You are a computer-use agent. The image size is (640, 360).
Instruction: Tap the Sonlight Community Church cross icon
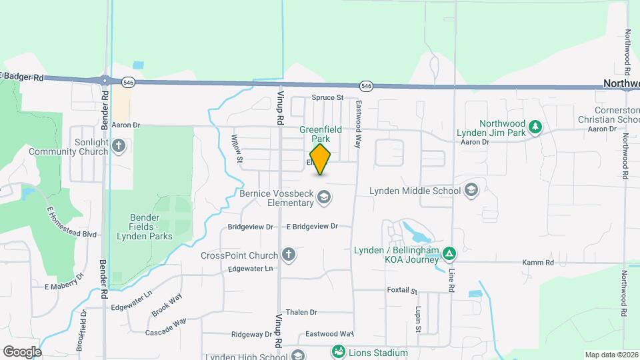119,145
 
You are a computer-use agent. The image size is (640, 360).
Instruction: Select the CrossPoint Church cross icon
288,254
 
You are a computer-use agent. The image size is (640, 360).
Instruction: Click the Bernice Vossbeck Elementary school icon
324,197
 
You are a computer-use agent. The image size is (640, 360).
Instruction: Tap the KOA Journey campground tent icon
450,253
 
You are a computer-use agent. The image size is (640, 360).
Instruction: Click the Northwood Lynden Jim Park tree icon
534,127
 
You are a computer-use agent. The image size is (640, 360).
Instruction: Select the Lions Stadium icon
339,351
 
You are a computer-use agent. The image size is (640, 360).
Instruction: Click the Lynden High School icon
297,355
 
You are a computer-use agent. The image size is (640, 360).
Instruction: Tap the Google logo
22,351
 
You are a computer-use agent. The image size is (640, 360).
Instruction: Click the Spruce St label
327,97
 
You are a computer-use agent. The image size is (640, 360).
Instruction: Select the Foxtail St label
402,291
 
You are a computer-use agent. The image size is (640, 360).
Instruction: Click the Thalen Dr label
301,312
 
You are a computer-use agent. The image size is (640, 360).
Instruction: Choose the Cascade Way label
166,326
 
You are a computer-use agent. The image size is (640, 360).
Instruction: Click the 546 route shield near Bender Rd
129,81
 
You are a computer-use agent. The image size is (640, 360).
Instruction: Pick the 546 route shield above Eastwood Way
366,85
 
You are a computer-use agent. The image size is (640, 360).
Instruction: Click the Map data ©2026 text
611,354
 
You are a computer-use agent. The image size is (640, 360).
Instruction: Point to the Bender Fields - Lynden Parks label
145,227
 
